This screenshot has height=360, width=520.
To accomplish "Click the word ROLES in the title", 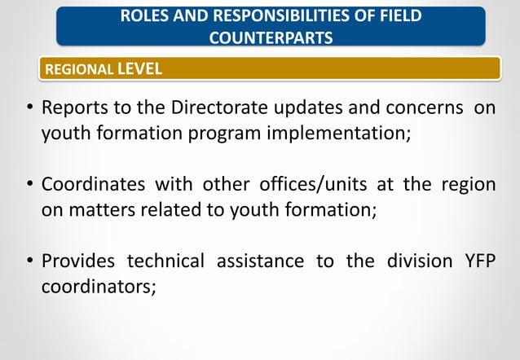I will pos(141,15).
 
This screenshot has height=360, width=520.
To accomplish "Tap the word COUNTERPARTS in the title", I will pos(271,37).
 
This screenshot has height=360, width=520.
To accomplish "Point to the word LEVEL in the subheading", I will pos(139,69).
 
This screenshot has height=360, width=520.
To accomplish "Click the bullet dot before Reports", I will pos(29,109).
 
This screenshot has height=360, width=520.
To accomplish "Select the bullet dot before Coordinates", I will pos(29,185).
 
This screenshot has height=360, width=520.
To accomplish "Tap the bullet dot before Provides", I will pos(29,261).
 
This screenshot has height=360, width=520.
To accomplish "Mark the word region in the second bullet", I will pos(468,184).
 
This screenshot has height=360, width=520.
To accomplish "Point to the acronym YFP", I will pos(477,261).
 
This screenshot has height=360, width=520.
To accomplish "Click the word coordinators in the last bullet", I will pos(98,286).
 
